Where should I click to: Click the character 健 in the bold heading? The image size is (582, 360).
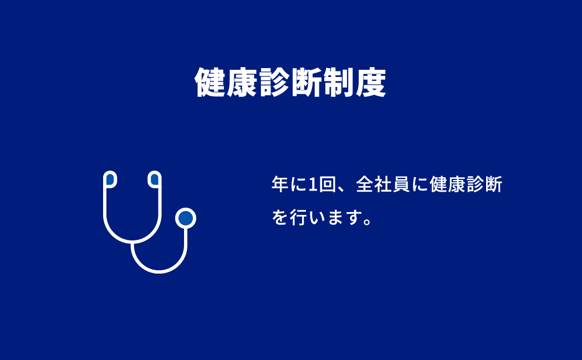pyautogui.click(x=211, y=83)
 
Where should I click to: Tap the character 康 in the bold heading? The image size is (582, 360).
pyautogui.click(x=242, y=83)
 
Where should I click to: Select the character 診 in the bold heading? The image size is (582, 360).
pyautogui.click(x=274, y=83)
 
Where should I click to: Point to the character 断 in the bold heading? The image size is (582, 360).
pyautogui.click(x=307, y=83)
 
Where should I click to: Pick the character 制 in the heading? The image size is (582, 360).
pyautogui.click(x=339, y=83)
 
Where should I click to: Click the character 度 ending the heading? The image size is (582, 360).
pyautogui.click(x=371, y=83)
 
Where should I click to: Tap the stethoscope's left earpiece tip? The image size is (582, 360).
pyautogui.click(x=110, y=179)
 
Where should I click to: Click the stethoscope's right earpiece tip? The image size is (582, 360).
pyautogui.click(x=155, y=179)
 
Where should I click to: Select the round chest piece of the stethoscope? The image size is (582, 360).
pyautogui.click(x=186, y=218)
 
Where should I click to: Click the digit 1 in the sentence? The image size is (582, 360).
pyautogui.click(x=313, y=184)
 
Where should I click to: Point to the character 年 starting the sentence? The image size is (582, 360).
pyautogui.click(x=280, y=184)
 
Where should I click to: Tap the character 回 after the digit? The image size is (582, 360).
pyautogui.click(x=327, y=184)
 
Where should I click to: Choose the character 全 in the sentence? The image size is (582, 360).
pyautogui.click(x=365, y=184)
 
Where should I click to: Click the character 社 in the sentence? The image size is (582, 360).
pyautogui.click(x=383, y=184)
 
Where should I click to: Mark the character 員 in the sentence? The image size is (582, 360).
pyautogui.click(x=401, y=184)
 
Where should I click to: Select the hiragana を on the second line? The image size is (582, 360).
pyautogui.click(x=280, y=217)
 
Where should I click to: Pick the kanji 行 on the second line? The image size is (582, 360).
pyautogui.click(x=298, y=217)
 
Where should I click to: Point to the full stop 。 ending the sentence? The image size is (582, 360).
pyautogui.click(x=367, y=222)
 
